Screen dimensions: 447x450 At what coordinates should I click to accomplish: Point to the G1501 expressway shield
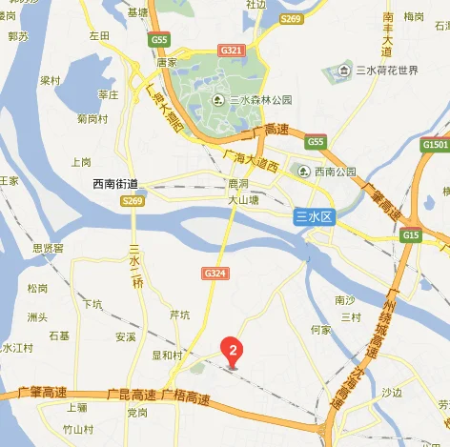[x=434, y=145]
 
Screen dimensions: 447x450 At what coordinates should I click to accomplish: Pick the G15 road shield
[x=411, y=234]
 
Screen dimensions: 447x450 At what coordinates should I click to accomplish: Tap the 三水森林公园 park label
[x=259, y=100]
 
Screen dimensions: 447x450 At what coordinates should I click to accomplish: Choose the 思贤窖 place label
[x=48, y=248]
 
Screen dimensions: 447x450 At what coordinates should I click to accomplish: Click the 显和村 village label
[x=167, y=355]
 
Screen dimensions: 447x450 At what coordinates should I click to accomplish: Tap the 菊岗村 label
[x=92, y=118]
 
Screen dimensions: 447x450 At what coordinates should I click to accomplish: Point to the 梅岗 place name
[x=414, y=17]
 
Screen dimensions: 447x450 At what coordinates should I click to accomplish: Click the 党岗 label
[x=136, y=412]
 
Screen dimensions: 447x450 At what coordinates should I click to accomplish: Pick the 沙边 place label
[x=392, y=392]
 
